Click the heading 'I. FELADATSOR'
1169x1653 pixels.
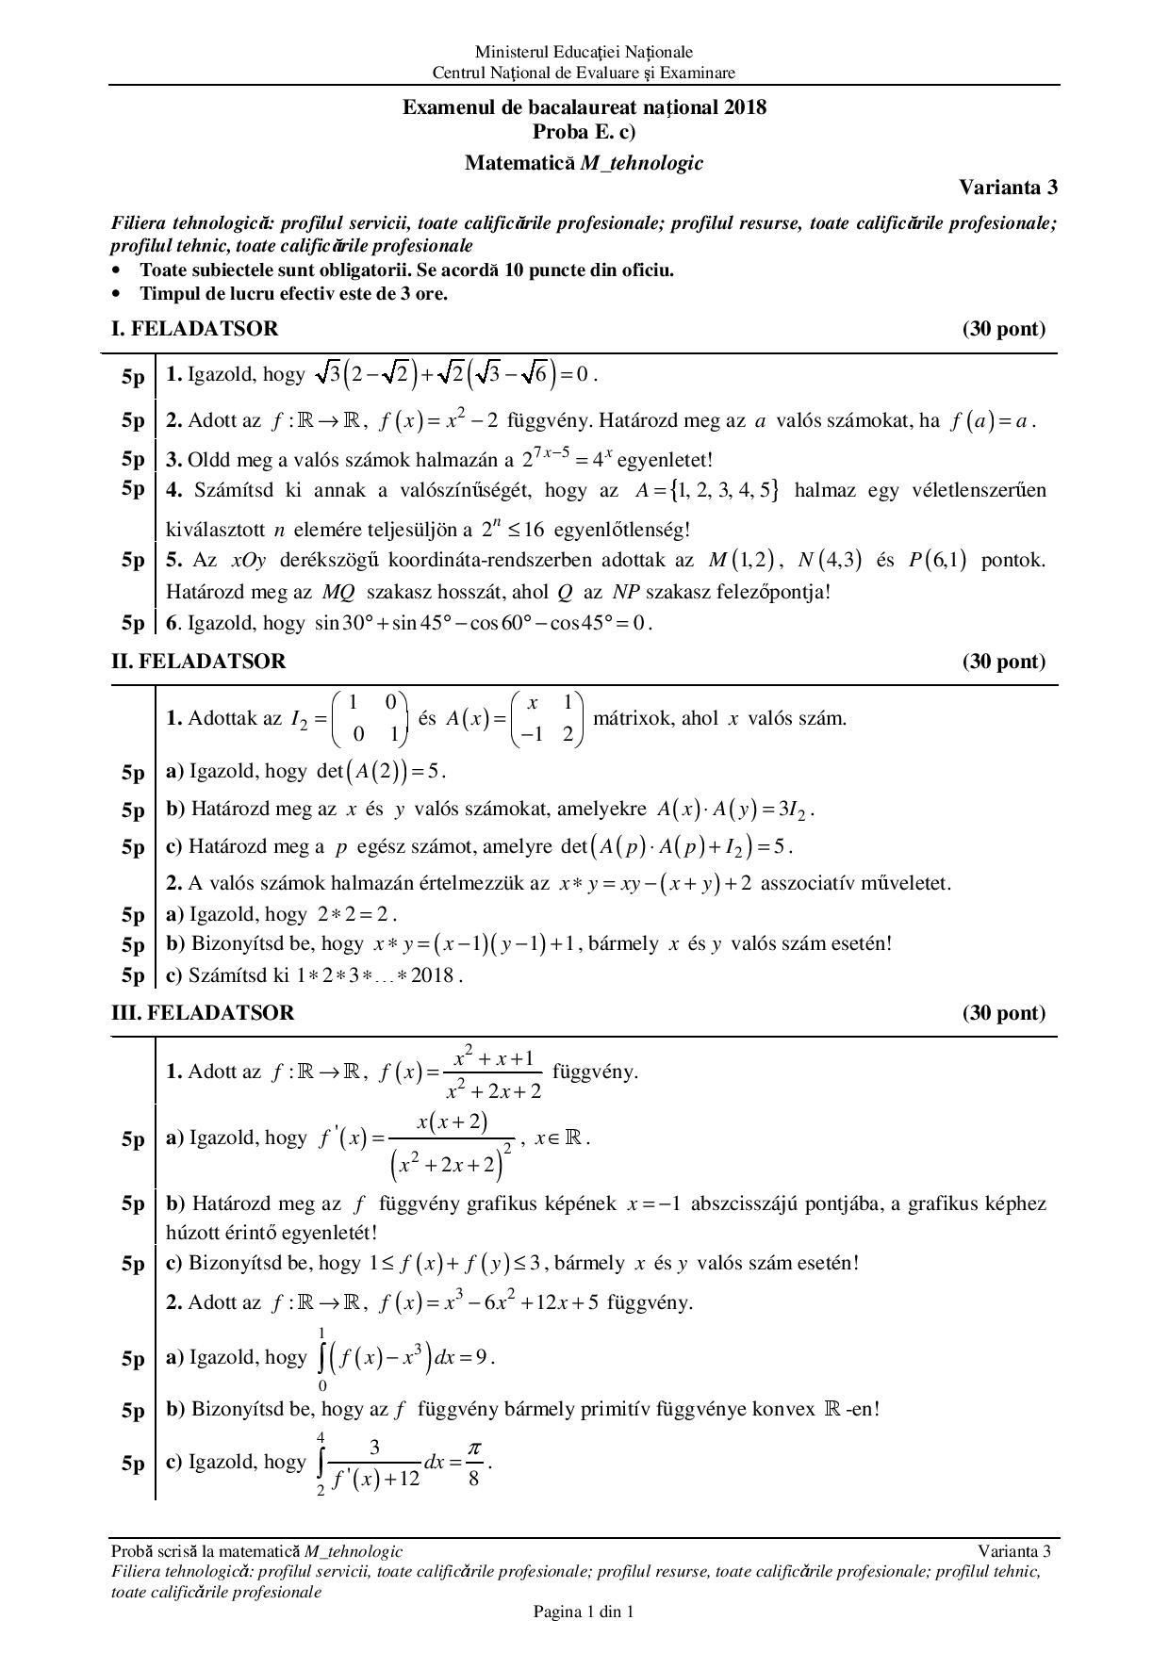[194, 329]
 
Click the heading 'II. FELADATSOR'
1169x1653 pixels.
[198, 662]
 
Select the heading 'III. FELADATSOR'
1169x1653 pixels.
[203, 1013]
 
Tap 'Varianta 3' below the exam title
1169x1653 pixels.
[1008, 187]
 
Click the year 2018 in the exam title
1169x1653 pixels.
[746, 107]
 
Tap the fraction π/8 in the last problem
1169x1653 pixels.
[473, 1464]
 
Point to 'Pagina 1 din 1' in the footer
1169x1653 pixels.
[584, 1612]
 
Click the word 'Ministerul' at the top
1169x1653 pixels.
[507, 53]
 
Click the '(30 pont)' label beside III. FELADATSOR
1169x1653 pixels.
[1004, 1013]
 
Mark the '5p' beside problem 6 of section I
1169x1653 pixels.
[133, 624]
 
